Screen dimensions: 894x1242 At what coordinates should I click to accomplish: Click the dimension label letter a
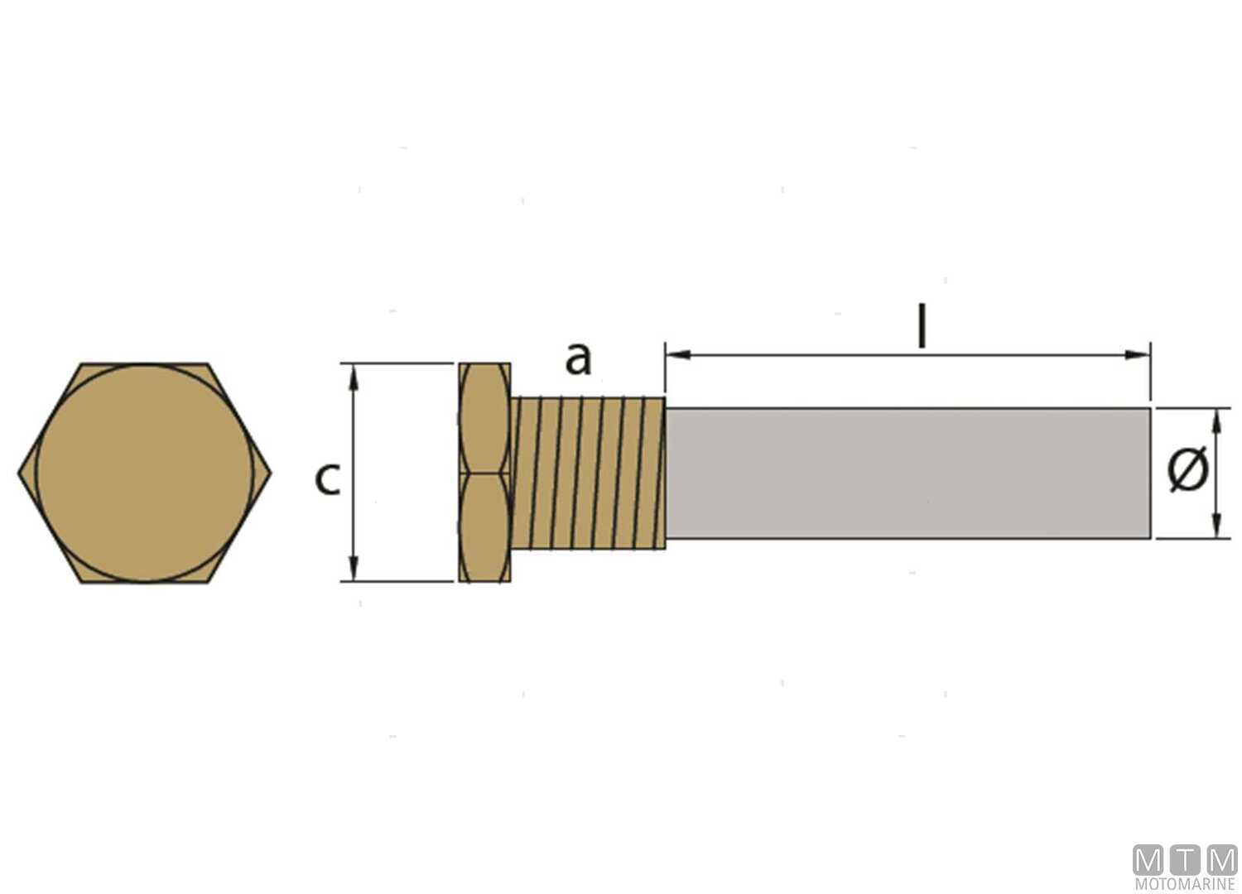click(x=578, y=358)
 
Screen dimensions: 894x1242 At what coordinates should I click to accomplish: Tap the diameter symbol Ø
click(x=1187, y=470)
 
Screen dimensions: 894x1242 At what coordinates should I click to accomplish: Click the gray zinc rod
click(x=907, y=473)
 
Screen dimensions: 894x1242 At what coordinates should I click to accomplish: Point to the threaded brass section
click(x=589, y=472)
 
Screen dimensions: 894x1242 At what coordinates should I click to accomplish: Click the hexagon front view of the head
click(x=144, y=473)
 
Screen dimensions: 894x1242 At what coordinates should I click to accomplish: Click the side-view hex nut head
click(x=484, y=472)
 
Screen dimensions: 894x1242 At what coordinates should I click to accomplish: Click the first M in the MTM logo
click(x=1148, y=860)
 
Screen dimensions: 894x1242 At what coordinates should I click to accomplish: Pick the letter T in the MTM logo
click(x=1185, y=860)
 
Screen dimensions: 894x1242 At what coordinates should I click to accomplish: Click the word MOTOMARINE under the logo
click(x=1184, y=885)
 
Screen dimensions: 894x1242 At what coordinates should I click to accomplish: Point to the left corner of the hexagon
click(x=20, y=473)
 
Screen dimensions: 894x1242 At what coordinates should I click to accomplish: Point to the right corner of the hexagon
click(x=270, y=473)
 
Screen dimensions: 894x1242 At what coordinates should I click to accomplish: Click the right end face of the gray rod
click(x=1148, y=473)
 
